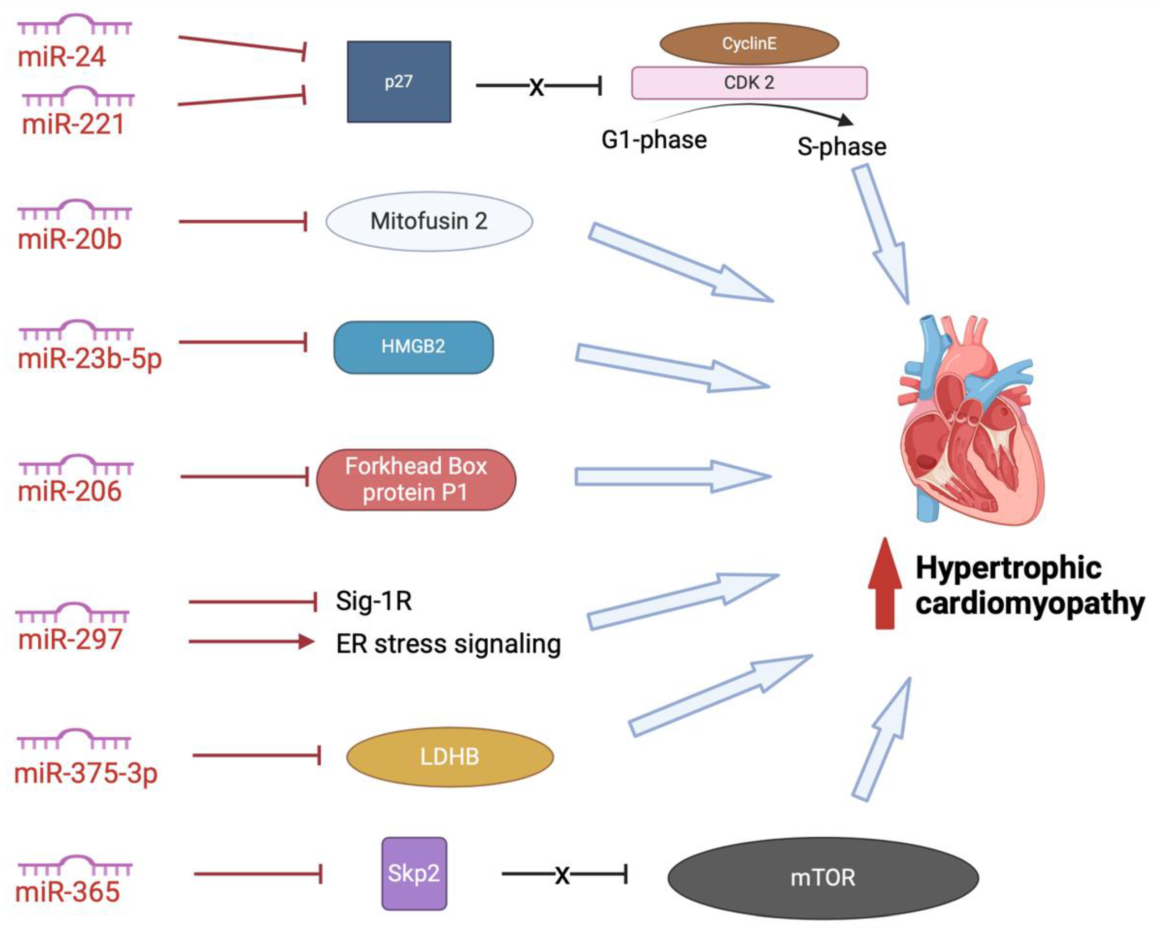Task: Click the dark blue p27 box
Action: pyautogui.click(x=399, y=82)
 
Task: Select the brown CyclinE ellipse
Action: pyautogui.click(x=749, y=43)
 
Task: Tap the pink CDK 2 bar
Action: pyautogui.click(x=749, y=83)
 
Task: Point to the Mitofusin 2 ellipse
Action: pyautogui.click(x=429, y=221)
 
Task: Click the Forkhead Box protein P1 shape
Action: pyautogui.click(x=416, y=479)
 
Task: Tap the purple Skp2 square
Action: pyautogui.click(x=414, y=873)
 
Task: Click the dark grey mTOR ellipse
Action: pyautogui.click(x=823, y=878)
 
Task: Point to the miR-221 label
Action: pyautogui.click(x=73, y=124)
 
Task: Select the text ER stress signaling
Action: pyautogui.click(x=448, y=643)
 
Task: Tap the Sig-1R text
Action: pyautogui.click(x=374, y=601)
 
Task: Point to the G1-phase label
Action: pyautogui.click(x=654, y=140)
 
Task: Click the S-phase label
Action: pyautogui.click(x=841, y=147)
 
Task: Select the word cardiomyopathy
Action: pyautogui.click(x=1030, y=603)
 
